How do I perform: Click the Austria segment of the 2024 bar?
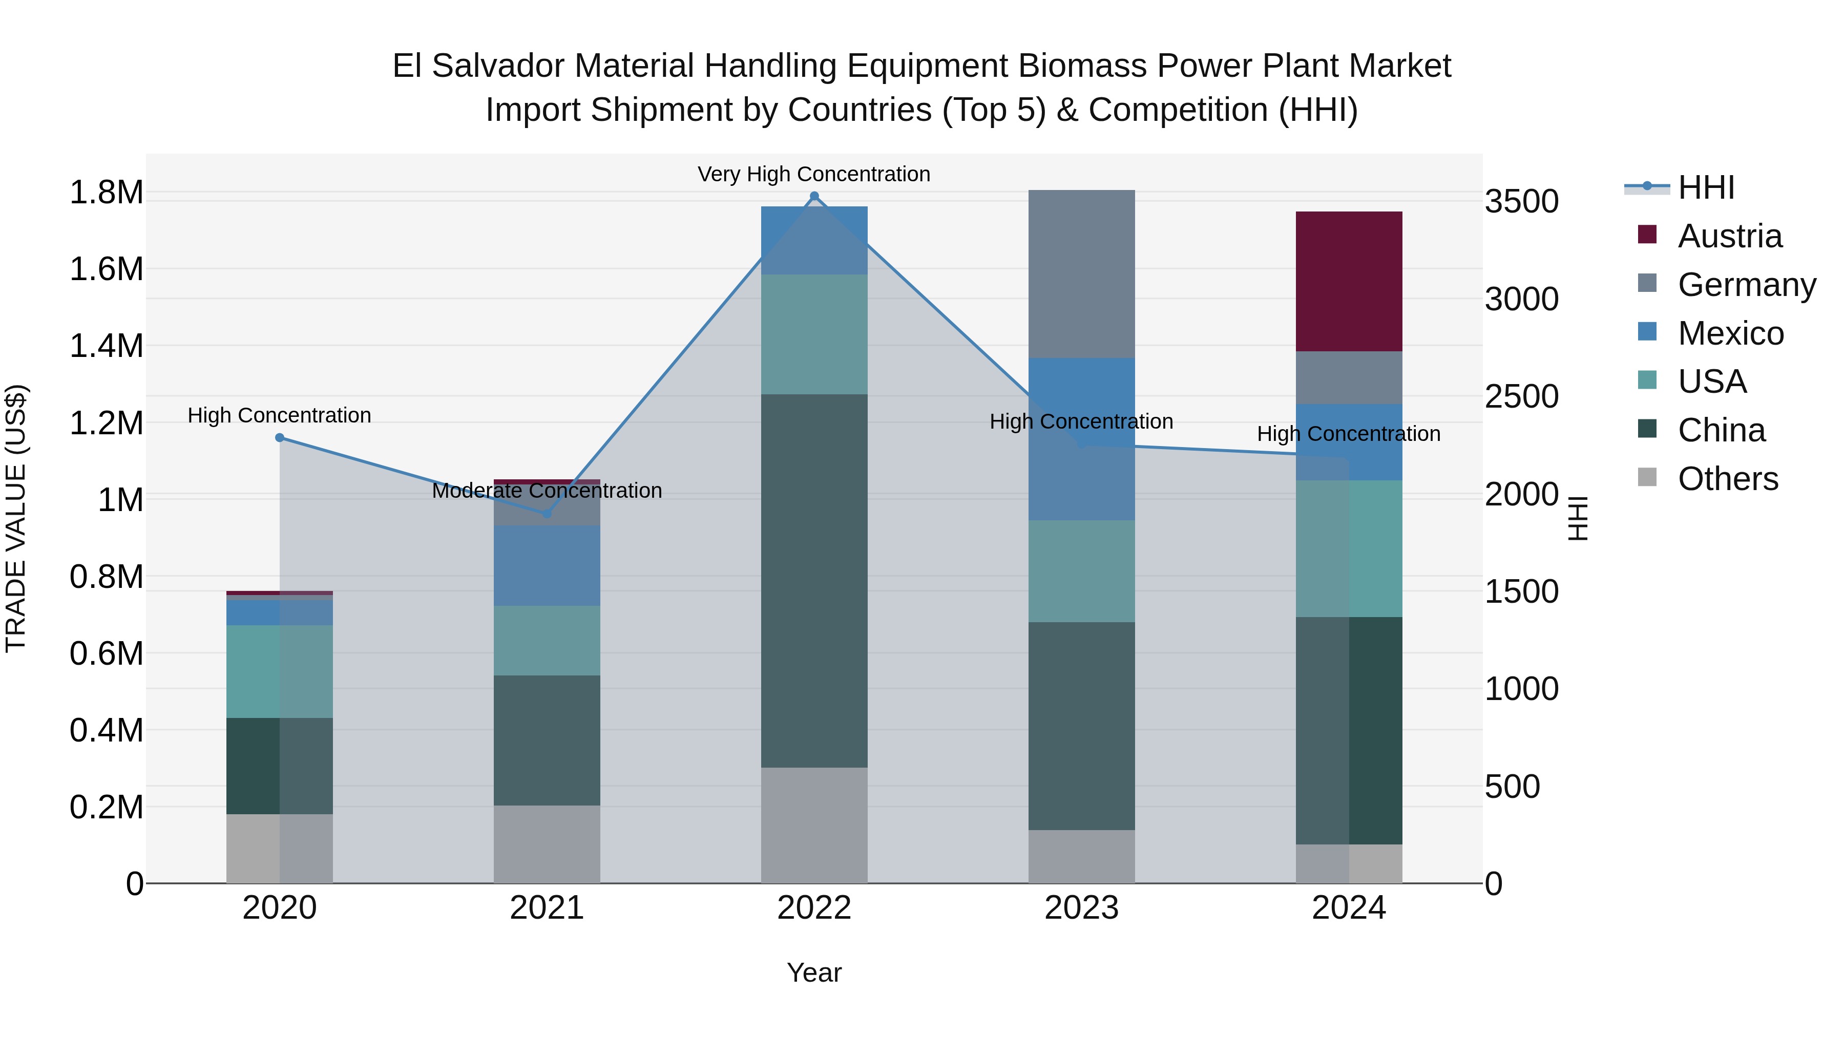(x=1349, y=281)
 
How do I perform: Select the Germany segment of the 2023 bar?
(x=1081, y=274)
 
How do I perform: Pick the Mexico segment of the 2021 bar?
(x=547, y=565)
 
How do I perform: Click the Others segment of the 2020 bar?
(x=279, y=848)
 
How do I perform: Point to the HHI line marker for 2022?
(x=814, y=196)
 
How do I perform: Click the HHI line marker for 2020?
(x=279, y=437)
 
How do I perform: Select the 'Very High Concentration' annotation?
(x=814, y=174)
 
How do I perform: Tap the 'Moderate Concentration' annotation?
(x=547, y=491)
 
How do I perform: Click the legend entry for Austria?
(x=1729, y=236)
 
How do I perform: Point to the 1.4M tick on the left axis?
(x=106, y=346)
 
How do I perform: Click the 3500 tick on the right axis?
(x=1521, y=201)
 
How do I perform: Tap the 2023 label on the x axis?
(x=1081, y=908)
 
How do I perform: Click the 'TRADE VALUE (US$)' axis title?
(x=16, y=518)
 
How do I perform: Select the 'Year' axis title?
(x=814, y=972)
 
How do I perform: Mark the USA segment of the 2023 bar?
(x=1081, y=571)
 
